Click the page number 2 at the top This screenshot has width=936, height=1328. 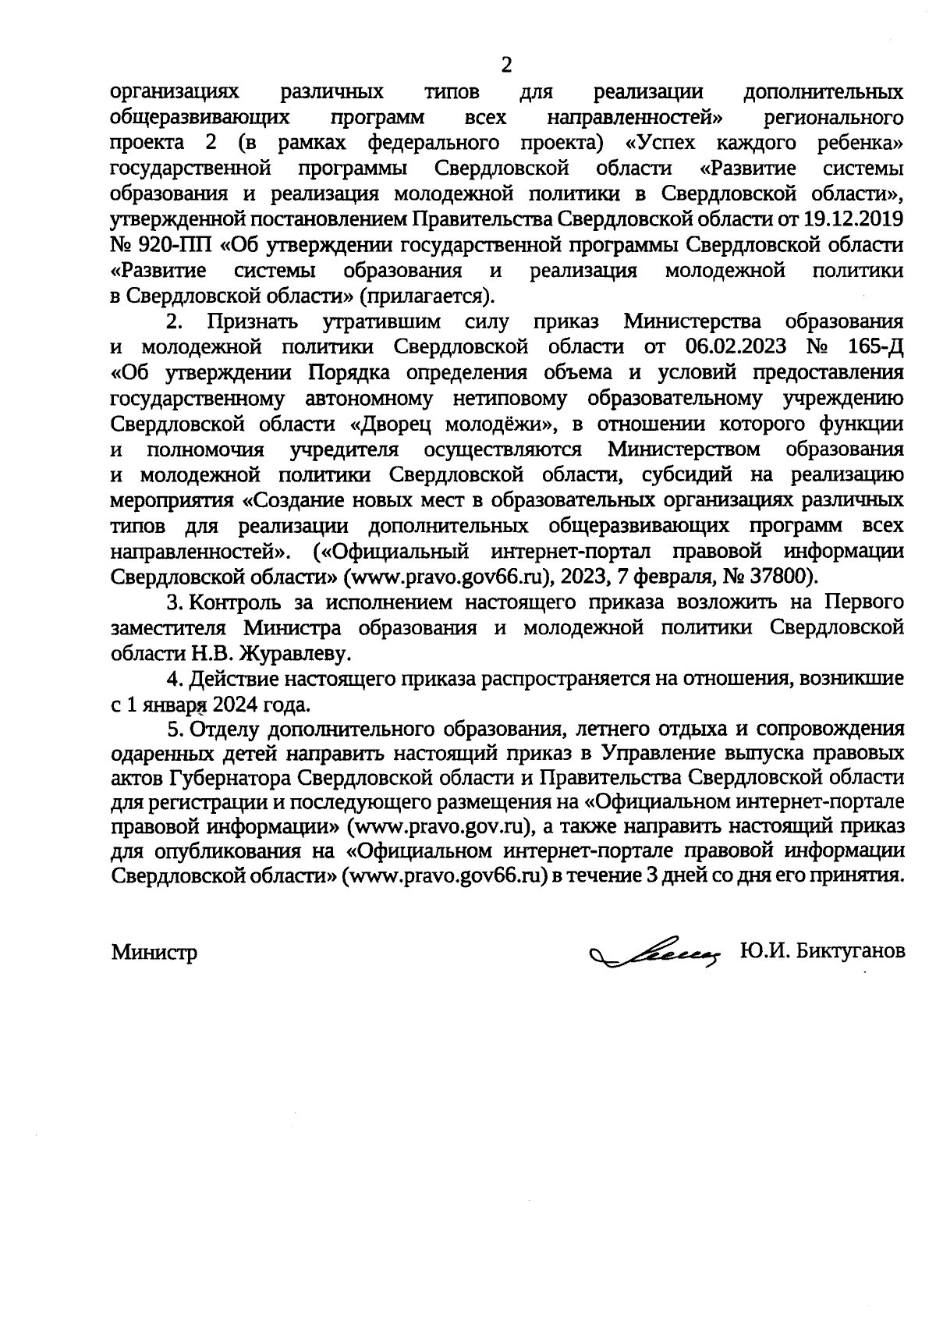(505, 65)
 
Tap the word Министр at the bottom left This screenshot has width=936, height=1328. (154, 953)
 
